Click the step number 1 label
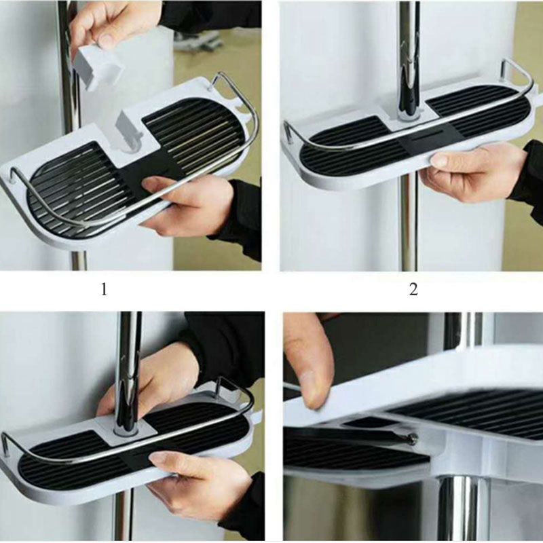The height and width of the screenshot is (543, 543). click(x=104, y=289)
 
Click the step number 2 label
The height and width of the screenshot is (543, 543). click(x=413, y=289)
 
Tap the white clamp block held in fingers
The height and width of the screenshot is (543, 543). click(x=98, y=67)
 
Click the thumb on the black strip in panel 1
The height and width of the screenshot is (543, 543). click(x=157, y=183)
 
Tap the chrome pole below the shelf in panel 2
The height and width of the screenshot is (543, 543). click(x=409, y=225)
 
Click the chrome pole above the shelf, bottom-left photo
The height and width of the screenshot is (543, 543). click(x=128, y=371)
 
